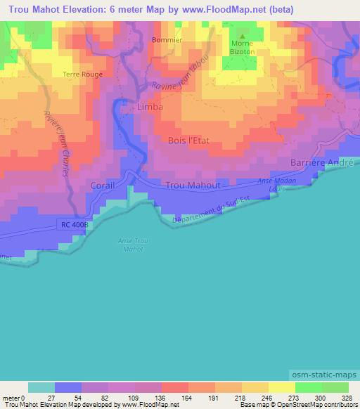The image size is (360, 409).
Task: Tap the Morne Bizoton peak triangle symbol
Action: tap(243, 37)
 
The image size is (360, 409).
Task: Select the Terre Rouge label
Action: tap(83, 74)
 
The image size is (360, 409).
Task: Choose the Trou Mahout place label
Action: tap(193, 186)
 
